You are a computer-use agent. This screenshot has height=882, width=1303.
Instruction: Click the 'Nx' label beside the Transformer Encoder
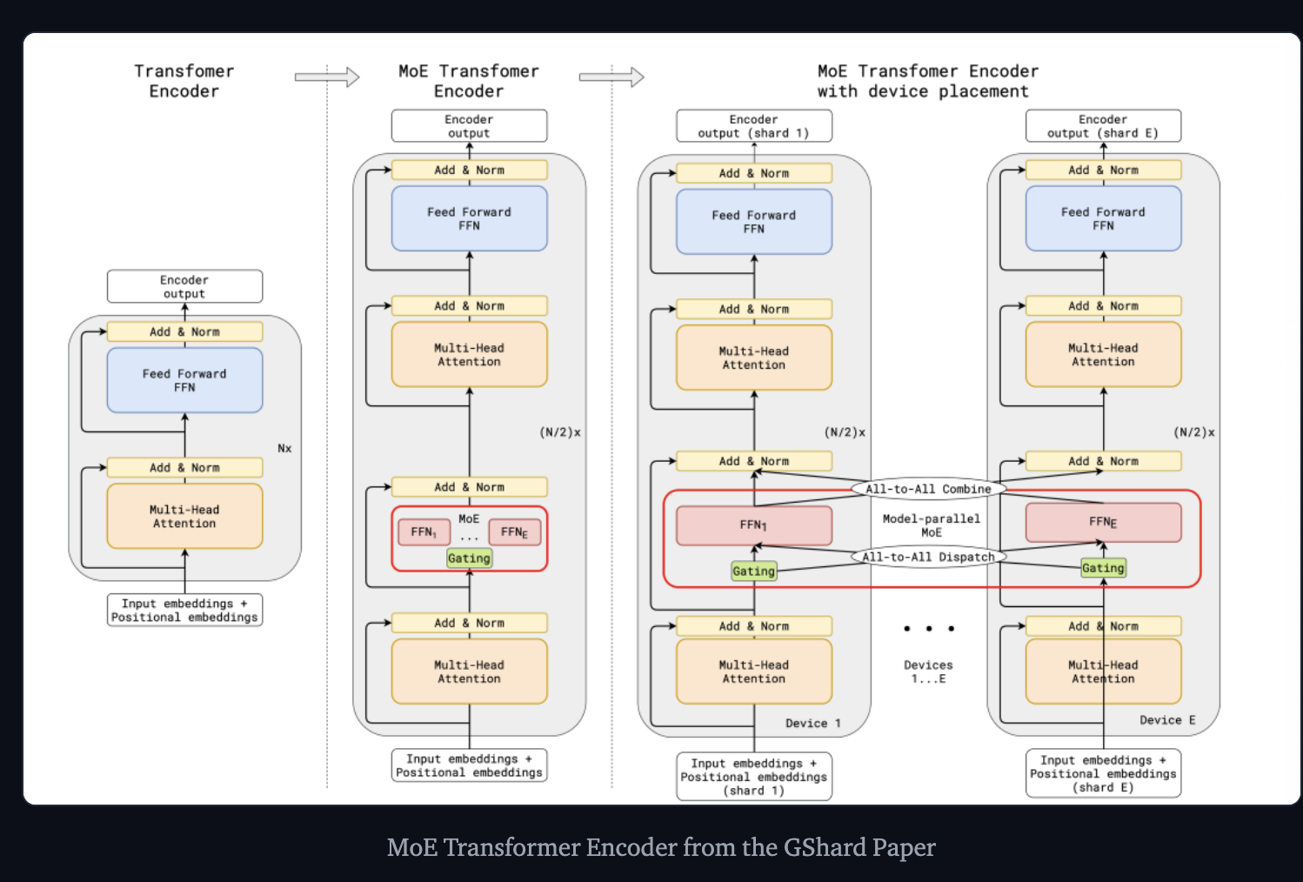tap(284, 449)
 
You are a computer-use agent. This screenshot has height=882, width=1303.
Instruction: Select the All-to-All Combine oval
tap(927, 489)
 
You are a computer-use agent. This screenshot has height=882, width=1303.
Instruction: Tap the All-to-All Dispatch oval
tap(927, 557)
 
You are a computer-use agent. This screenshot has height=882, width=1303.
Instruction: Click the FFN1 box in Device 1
tap(753, 525)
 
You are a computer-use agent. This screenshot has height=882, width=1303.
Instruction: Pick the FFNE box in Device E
tap(1103, 522)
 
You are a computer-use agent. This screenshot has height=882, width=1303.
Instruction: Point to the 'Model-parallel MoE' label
tap(931, 525)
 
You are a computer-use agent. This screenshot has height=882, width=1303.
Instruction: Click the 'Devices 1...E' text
tap(928, 672)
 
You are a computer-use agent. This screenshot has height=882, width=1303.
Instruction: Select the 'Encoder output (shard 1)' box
tap(753, 126)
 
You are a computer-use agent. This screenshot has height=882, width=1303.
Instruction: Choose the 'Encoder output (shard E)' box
tap(1103, 126)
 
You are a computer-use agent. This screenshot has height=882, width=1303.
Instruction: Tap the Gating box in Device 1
tap(753, 571)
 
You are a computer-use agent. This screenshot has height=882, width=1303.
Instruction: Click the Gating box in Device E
tap(1103, 568)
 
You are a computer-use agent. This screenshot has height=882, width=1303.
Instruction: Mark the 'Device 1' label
tap(812, 724)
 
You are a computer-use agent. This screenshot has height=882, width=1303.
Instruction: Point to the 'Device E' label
tap(1167, 720)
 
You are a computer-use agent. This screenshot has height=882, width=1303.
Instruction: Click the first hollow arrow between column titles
tap(327, 77)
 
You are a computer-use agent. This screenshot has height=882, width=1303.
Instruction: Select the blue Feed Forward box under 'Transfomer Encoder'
tap(184, 380)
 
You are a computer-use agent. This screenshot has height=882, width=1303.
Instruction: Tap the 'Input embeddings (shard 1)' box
tap(753, 777)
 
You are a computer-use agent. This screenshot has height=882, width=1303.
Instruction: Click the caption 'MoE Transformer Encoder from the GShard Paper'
tap(661, 847)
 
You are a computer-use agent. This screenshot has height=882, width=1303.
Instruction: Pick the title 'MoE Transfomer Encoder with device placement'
tap(927, 81)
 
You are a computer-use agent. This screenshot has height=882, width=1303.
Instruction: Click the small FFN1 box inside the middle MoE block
tap(424, 532)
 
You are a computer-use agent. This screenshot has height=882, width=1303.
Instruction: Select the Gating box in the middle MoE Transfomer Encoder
tap(469, 558)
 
